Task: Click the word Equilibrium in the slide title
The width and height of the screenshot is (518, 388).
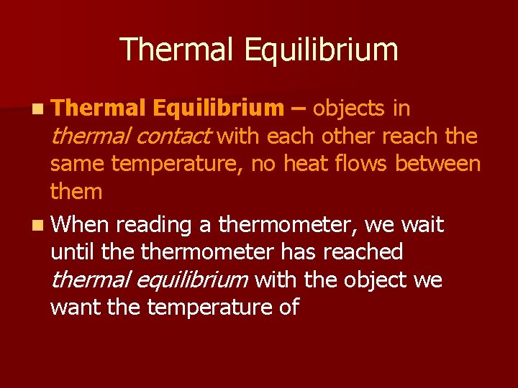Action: tap(320, 50)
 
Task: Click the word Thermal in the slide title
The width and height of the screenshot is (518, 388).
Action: tap(176, 50)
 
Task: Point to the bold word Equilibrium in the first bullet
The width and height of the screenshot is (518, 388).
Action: tap(219, 108)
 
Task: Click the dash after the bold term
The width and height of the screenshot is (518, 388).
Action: tap(299, 108)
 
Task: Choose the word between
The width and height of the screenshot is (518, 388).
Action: tap(438, 164)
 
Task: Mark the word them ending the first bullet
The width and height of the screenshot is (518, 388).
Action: tap(76, 192)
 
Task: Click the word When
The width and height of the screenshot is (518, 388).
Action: tap(80, 225)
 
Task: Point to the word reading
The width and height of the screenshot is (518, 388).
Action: tap(154, 225)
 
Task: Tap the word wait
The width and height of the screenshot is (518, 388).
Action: tap(422, 225)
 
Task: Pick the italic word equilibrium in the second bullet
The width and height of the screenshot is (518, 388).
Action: tap(204, 280)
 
